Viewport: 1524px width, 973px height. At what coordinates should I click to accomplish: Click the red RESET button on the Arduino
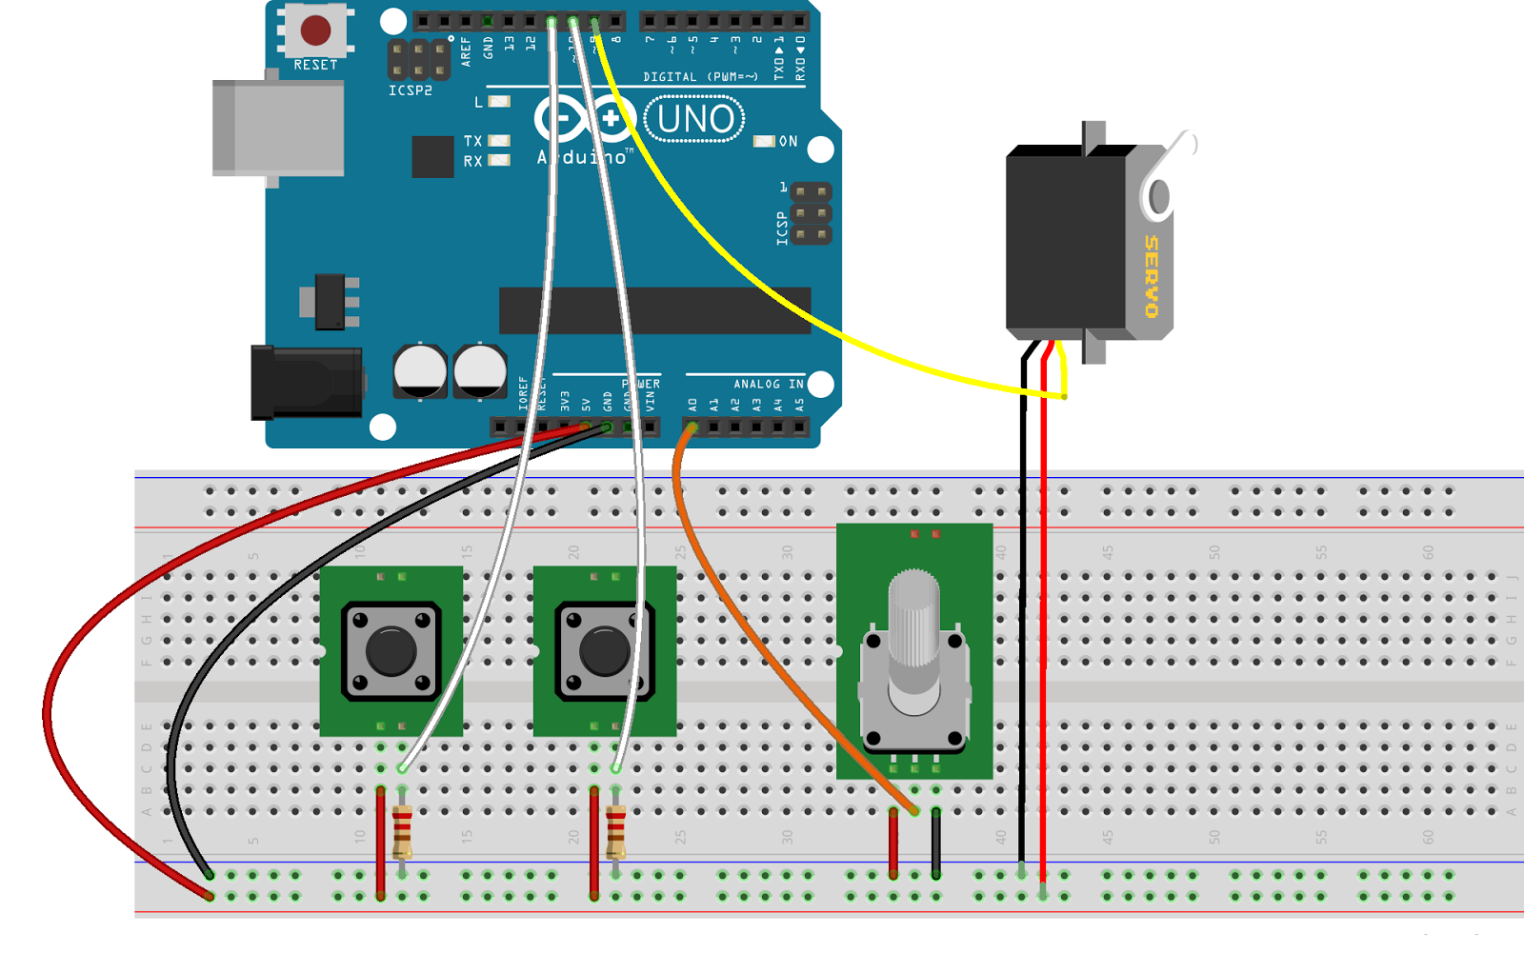coord(315,30)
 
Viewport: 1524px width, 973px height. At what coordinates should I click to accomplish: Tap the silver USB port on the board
coord(278,129)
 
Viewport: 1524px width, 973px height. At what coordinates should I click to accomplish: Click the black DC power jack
coord(306,383)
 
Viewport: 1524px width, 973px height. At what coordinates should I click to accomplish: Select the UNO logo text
coord(695,120)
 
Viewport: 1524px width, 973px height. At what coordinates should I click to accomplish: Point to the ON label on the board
coord(788,142)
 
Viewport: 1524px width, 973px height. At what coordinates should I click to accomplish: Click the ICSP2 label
coord(411,90)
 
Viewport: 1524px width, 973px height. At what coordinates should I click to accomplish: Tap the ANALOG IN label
coord(768,384)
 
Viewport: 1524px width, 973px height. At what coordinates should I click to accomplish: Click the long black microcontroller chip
coord(654,310)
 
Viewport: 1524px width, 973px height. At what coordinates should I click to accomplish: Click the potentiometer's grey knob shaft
coord(913,619)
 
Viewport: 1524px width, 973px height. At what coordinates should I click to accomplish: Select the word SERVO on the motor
coord(1152,276)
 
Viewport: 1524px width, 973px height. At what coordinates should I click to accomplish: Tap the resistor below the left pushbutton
coord(403,830)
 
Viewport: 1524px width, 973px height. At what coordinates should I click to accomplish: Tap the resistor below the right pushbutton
coord(616,830)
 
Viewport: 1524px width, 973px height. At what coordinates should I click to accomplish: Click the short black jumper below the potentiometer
coord(936,843)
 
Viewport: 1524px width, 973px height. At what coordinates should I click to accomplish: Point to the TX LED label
coord(473,141)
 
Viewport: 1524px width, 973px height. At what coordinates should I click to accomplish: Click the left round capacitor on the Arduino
coord(420,370)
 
